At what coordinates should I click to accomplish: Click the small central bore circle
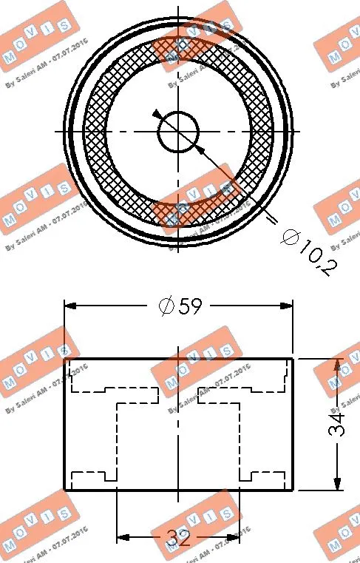coord(178,132)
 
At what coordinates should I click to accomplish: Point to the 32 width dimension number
coord(178,538)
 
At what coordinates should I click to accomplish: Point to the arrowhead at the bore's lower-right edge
coord(200,148)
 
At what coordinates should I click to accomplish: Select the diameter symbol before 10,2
coord(290,237)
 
